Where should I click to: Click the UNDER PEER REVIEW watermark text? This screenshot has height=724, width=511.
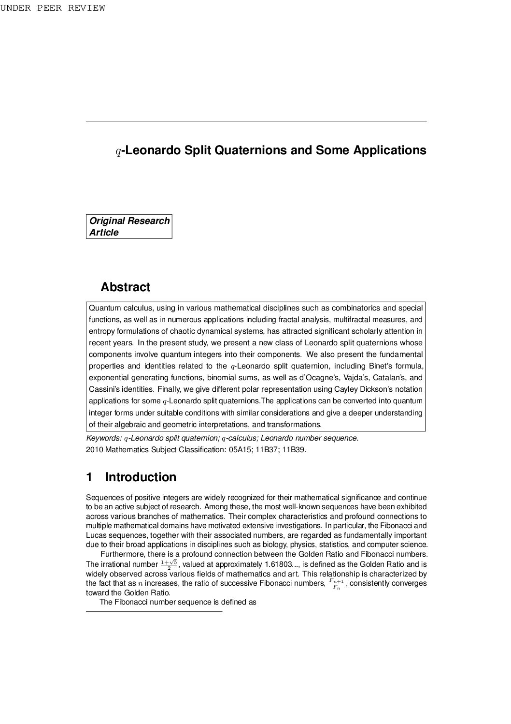52,8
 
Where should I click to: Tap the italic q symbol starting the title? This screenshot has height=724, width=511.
118,151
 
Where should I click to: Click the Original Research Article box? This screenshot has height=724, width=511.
129,226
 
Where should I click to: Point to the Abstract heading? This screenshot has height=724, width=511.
125,287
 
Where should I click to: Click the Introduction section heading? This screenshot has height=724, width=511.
141,477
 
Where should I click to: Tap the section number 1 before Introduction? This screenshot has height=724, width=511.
89,477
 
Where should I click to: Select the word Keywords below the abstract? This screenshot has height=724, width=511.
103,438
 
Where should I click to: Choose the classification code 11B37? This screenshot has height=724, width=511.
268,450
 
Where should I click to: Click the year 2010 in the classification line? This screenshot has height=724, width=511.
94,450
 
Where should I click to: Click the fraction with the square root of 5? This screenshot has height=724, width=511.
169,564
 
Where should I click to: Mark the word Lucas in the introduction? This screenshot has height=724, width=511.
96,535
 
